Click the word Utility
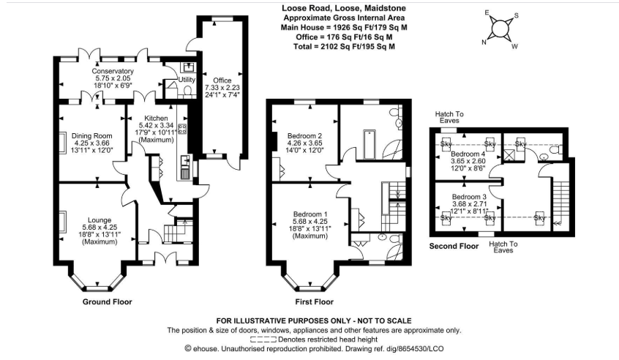187,79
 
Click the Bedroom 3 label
469,198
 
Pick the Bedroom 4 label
468,154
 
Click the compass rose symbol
500,29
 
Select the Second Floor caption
454,247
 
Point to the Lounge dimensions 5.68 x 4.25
98,227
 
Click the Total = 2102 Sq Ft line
345,45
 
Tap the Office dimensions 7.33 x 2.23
222,88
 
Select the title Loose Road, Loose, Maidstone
345,8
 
